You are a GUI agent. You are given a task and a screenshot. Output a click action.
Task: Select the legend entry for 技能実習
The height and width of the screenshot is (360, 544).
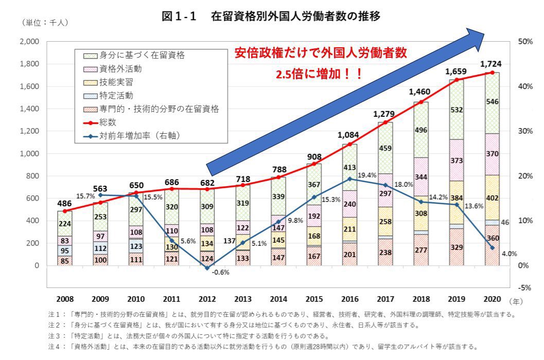pyautogui.click(x=115, y=82)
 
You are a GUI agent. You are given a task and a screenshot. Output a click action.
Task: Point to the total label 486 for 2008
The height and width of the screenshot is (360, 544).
pyautogui.click(x=64, y=203)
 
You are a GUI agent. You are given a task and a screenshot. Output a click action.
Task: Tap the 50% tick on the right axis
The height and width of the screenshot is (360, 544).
pyautogui.click(x=524, y=42)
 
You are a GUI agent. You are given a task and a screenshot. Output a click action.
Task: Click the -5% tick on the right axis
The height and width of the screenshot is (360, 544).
pyautogui.click(x=524, y=287)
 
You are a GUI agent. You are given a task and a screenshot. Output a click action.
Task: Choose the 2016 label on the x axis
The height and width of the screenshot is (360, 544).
pyautogui.click(x=349, y=300)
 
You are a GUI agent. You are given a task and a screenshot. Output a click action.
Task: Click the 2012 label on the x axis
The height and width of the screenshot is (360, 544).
pyautogui.click(x=206, y=300)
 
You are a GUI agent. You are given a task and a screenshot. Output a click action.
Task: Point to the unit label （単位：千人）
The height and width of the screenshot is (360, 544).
pyautogui.click(x=45, y=22)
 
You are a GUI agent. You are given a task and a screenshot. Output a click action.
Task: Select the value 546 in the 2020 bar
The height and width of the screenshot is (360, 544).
pyautogui.click(x=492, y=102)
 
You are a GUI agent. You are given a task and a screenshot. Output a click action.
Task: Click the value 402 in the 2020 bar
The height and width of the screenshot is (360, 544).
pyautogui.click(x=492, y=198)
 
